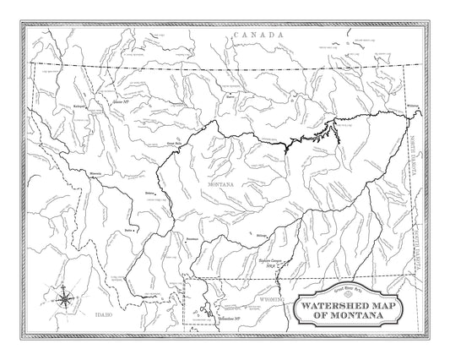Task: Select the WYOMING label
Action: pos(272,299)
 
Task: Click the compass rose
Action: pos(66,297)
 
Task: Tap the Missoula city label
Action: pos(95,175)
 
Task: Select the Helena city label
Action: pos(149,194)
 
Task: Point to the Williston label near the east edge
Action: pos(412,105)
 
